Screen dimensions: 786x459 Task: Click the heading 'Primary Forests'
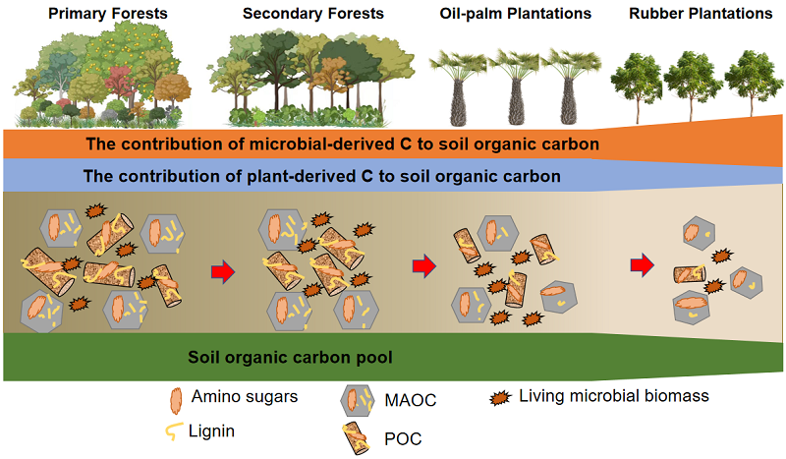coord(108,14)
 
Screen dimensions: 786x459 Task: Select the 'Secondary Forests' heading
coord(313,14)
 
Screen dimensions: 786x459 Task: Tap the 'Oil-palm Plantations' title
coord(515,14)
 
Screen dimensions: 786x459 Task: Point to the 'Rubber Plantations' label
coord(701,14)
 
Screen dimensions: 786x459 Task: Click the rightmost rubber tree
coord(753,84)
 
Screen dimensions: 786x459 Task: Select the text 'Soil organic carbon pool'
coord(290,357)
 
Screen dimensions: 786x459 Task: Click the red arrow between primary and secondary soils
coord(223,272)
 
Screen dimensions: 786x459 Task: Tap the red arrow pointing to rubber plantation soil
coord(643,264)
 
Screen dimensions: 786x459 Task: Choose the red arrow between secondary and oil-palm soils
coord(424,266)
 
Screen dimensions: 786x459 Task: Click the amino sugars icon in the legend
coord(176,401)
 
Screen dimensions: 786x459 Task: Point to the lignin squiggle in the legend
coord(174,431)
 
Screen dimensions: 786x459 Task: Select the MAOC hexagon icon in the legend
coord(357,400)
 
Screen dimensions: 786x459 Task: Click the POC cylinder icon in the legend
coord(356,439)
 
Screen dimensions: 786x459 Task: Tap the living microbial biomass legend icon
coord(500,398)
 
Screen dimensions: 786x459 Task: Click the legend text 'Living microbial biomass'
coord(614,396)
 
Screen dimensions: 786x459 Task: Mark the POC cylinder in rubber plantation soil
coord(690,274)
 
